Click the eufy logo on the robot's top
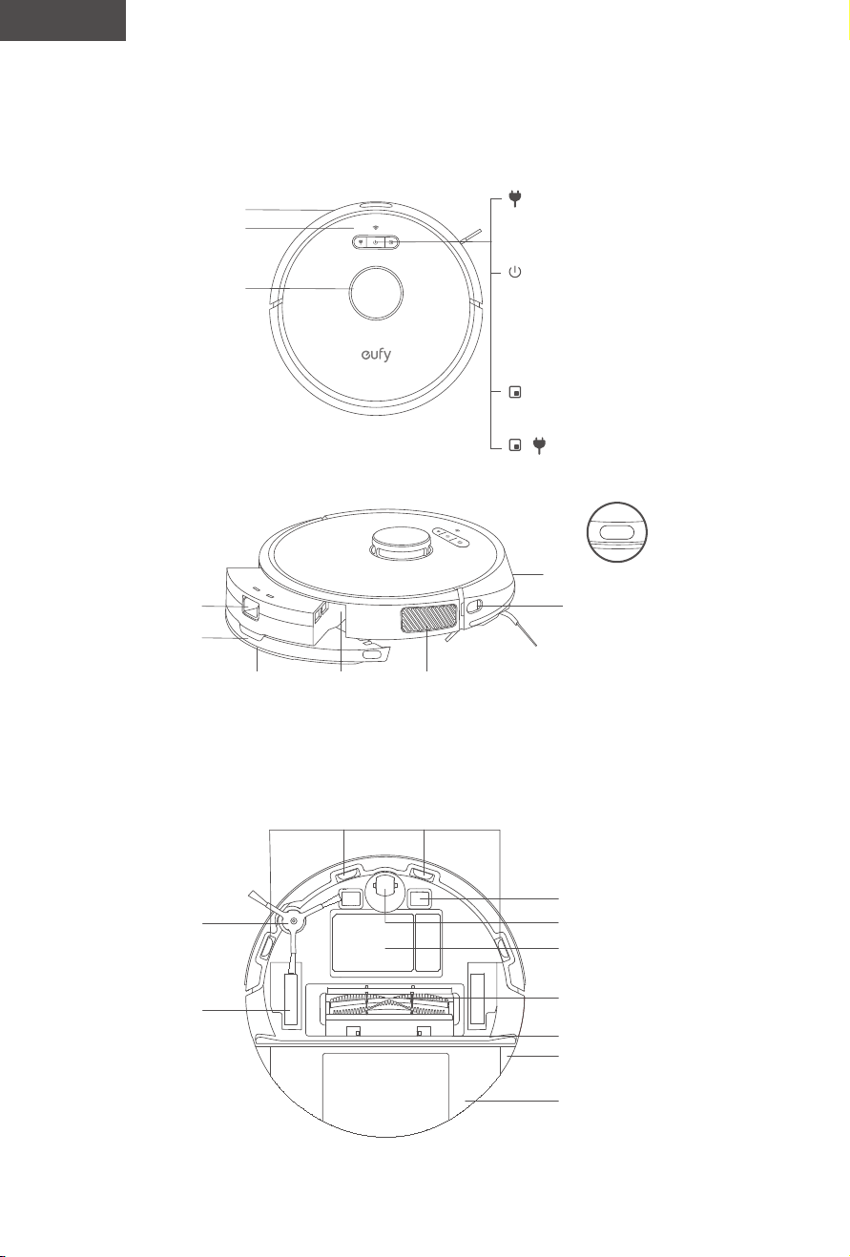point(376,355)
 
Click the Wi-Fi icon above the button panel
point(376,228)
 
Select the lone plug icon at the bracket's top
point(514,198)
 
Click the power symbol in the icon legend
point(515,273)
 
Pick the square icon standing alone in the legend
point(515,392)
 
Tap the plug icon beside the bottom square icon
point(539,445)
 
